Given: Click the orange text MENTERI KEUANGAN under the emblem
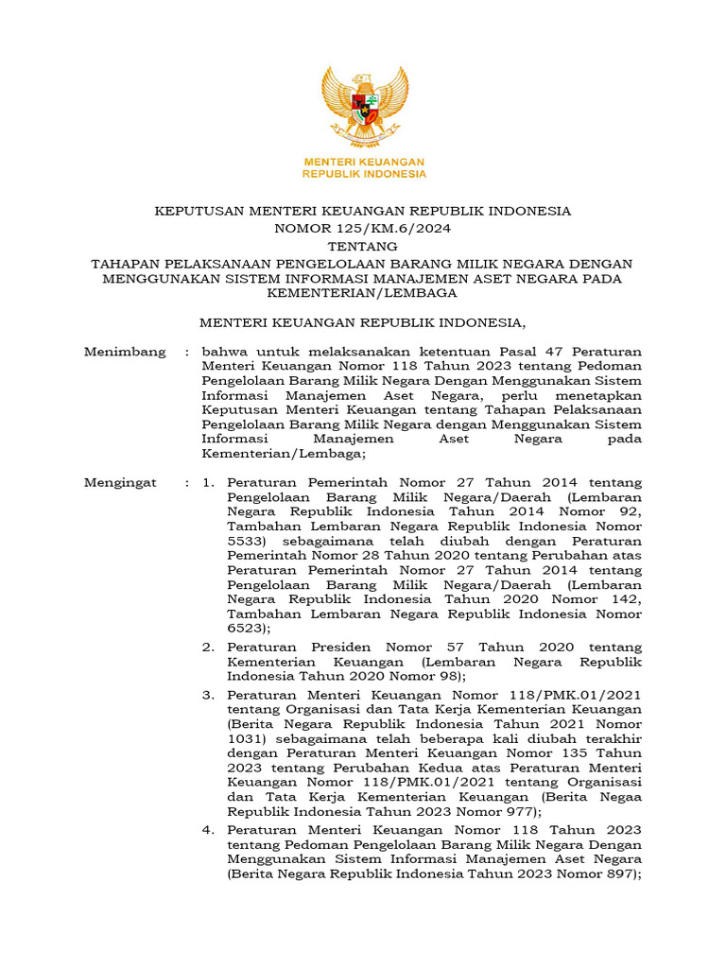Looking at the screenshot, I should [363, 162].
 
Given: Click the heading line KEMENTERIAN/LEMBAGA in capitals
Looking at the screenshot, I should [363, 292].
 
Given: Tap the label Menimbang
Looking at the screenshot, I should [125, 352].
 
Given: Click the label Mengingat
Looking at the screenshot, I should [120, 483].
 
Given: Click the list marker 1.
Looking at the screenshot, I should [208, 483].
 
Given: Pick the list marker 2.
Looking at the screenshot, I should [208, 648].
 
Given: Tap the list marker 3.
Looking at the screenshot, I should [208, 694].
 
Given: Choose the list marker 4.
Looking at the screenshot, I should [208, 829].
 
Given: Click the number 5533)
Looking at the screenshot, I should [250, 542].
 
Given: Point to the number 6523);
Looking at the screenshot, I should [250, 628].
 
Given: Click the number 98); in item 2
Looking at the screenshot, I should [448, 677].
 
